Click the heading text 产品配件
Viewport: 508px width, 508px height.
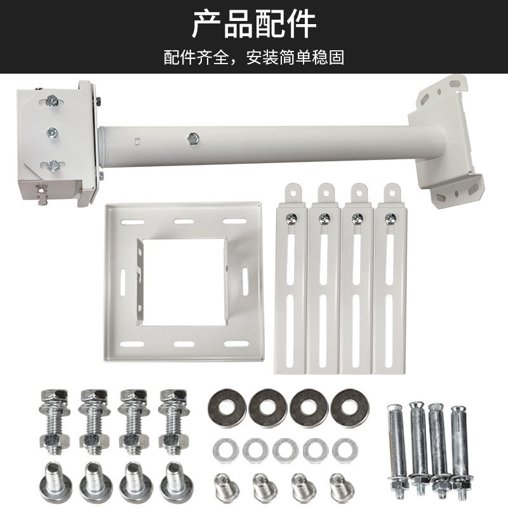click(x=254, y=24)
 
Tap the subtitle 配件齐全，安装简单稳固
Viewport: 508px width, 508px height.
click(x=254, y=58)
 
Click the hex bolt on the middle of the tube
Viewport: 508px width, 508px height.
click(x=194, y=138)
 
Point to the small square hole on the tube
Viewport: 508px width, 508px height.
click(x=137, y=141)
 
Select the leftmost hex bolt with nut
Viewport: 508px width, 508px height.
click(x=54, y=421)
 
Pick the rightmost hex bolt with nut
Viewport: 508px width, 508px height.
click(x=173, y=421)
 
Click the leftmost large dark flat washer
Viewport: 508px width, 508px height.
click(x=227, y=407)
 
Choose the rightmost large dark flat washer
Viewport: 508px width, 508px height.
click(x=349, y=407)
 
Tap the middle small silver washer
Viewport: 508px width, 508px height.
click(x=285, y=450)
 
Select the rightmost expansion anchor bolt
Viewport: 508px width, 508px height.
click(x=461, y=450)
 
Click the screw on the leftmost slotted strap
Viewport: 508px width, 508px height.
click(x=291, y=219)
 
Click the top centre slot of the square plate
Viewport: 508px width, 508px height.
click(x=184, y=222)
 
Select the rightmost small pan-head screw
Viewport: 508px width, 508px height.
click(x=342, y=486)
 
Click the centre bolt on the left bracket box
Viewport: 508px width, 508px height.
click(x=52, y=132)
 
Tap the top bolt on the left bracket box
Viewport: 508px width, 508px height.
click(x=51, y=100)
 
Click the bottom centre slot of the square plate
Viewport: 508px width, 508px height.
click(x=184, y=344)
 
